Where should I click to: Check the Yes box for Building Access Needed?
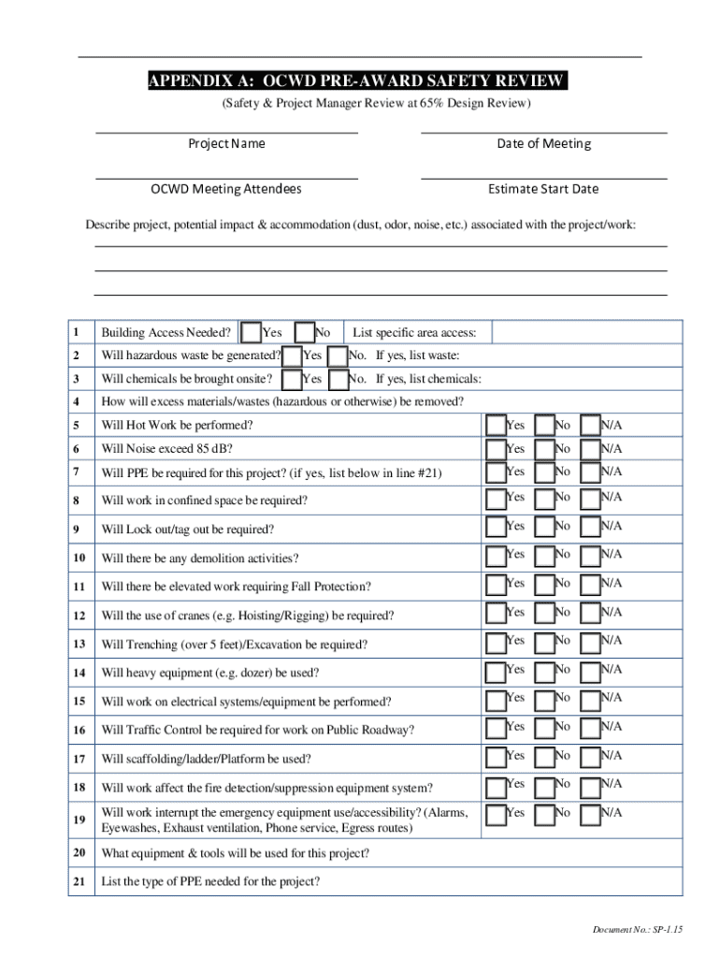click(x=251, y=332)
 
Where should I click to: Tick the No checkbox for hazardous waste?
click(x=338, y=356)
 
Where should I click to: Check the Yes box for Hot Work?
click(x=496, y=425)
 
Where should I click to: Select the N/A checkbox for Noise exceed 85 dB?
click(x=590, y=448)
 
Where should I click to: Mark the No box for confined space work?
click(x=543, y=498)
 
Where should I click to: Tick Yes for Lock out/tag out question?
click(x=496, y=528)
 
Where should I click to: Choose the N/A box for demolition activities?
click(x=590, y=557)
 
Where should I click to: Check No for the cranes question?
click(x=543, y=614)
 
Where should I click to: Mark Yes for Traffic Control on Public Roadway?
click(x=496, y=728)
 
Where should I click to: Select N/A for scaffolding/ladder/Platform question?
click(x=590, y=756)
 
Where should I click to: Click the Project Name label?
click(x=226, y=143)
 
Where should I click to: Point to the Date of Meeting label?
click(x=543, y=143)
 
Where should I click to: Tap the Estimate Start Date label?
click(x=543, y=189)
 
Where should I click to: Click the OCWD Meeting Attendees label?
click(x=226, y=189)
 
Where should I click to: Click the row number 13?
click(x=80, y=644)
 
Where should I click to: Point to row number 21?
click(x=80, y=881)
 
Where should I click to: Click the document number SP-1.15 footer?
click(x=631, y=929)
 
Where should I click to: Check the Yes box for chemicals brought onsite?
click(x=292, y=379)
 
